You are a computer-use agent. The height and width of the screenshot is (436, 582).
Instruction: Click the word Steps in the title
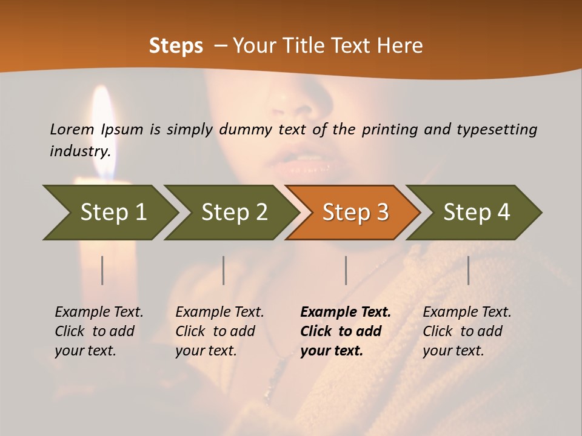(x=176, y=45)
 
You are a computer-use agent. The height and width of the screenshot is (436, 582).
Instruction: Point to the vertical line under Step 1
(x=102, y=270)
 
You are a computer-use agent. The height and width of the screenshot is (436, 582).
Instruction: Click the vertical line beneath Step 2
(x=224, y=270)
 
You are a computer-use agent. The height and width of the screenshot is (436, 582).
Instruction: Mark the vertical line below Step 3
(x=346, y=270)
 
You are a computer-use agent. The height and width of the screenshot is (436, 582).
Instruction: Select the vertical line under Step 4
(x=468, y=270)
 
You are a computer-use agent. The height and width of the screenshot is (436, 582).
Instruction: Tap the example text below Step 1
(x=99, y=331)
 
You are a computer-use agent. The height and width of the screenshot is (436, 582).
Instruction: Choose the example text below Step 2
(x=219, y=331)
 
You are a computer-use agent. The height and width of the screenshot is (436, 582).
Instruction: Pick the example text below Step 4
(x=467, y=331)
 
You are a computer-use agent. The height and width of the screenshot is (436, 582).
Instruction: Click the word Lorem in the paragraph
(x=72, y=129)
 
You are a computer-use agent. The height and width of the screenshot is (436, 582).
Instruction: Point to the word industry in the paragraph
(x=80, y=151)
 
